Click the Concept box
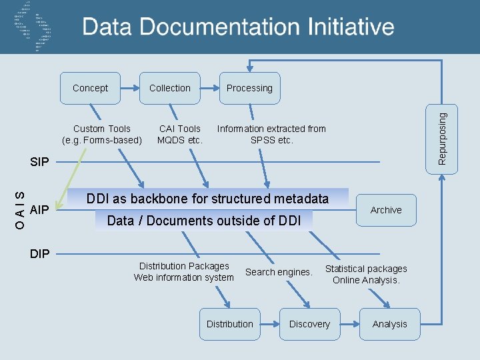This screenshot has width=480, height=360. coord(90,88)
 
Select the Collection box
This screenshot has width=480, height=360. coord(169,88)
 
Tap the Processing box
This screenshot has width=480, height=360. coord(249,88)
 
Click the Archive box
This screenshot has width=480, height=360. coord(386,210)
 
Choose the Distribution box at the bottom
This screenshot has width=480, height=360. coord(229,324)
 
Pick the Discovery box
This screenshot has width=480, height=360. coord(309,324)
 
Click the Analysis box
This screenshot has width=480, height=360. coord(389,324)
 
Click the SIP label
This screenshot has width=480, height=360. coord(41,162)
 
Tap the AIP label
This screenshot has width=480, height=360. coord(40,210)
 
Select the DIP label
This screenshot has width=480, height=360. coord(41,253)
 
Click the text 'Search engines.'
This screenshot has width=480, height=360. coord(279,272)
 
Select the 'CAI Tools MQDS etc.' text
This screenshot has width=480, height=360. coord(180,134)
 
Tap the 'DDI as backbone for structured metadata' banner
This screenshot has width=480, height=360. coord(207,199)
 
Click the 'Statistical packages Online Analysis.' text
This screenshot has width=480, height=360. coord(366,274)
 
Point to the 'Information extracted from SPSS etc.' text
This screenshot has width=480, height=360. coord(271,134)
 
